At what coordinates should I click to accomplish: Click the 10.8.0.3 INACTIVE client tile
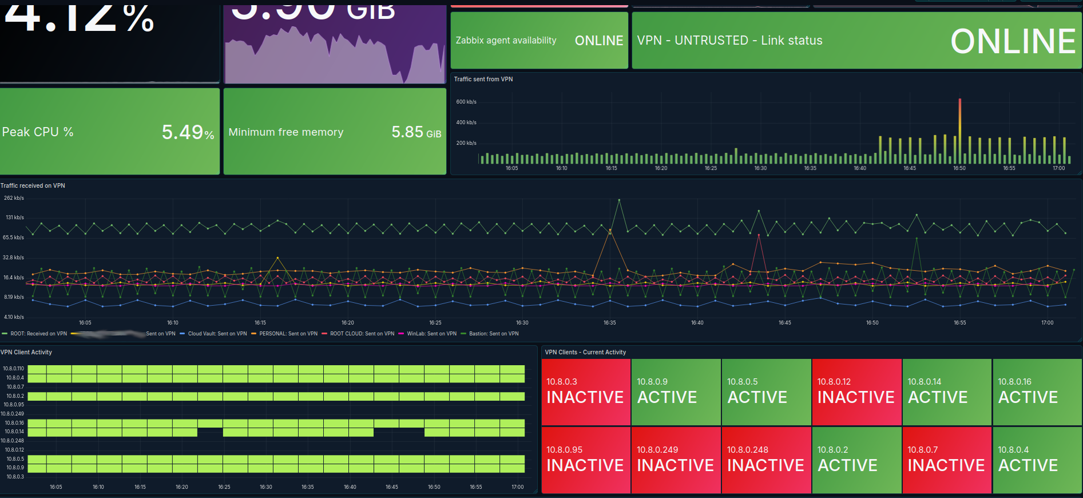(x=585, y=392)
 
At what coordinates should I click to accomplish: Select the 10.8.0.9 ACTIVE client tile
(x=676, y=392)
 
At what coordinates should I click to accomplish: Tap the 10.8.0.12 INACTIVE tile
(x=856, y=392)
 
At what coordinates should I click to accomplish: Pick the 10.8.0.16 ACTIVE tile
(x=1037, y=392)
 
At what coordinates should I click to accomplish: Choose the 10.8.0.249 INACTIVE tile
(x=676, y=460)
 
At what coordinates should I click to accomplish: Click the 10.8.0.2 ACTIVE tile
(x=856, y=460)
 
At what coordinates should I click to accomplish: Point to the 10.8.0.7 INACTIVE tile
(x=947, y=460)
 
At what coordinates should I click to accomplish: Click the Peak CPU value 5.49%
(x=188, y=133)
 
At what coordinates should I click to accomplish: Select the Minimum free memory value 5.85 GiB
(x=416, y=133)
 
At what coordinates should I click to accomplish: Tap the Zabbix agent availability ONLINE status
(x=598, y=41)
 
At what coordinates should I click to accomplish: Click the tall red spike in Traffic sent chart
(x=959, y=114)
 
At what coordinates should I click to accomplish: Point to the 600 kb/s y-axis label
(x=466, y=102)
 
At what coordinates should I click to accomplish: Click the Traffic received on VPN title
(x=33, y=185)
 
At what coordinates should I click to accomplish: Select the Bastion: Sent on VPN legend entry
(x=493, y=334)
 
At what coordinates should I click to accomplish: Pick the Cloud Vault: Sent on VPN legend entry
(x=217, y=334)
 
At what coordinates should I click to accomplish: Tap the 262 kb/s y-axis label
(x=14, y=198)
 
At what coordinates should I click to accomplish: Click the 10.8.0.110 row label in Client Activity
(x=13, y=369)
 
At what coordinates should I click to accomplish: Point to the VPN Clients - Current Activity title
(x=585, y=352)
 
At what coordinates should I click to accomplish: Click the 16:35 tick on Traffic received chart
(x=610, y=323)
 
